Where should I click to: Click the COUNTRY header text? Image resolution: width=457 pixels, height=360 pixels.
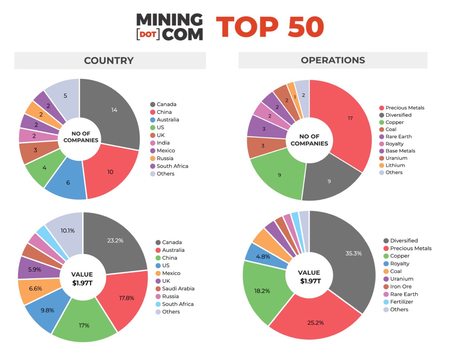pos(109,61)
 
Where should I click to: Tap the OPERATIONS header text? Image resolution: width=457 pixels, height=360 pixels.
pos(333,60)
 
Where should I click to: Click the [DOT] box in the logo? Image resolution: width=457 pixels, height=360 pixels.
pos(148,34)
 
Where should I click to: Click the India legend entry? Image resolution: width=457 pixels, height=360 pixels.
pos(163,143)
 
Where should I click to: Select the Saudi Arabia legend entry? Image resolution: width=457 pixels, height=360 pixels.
pos(178,289)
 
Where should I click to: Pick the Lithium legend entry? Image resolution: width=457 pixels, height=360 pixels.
pos(395,165)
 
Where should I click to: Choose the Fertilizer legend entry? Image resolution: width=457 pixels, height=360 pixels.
pos(401,302)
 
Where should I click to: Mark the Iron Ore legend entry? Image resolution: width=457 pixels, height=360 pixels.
pos(401,287)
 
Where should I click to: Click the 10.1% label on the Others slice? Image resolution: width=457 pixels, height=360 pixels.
pos(68,231)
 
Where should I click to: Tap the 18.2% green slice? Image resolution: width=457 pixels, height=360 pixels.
pos(262,291)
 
